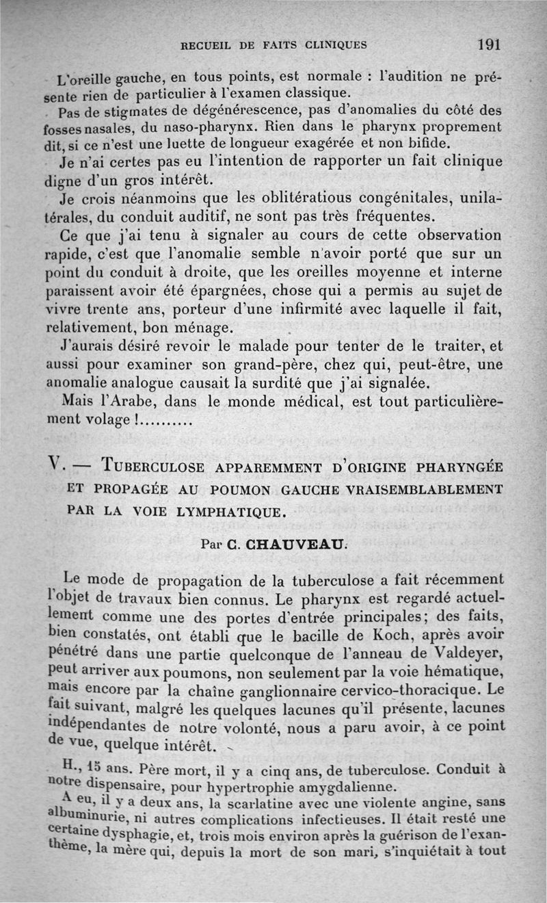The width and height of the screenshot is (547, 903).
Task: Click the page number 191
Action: click(490, 44)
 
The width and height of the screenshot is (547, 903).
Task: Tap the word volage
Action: click(108, 419)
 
